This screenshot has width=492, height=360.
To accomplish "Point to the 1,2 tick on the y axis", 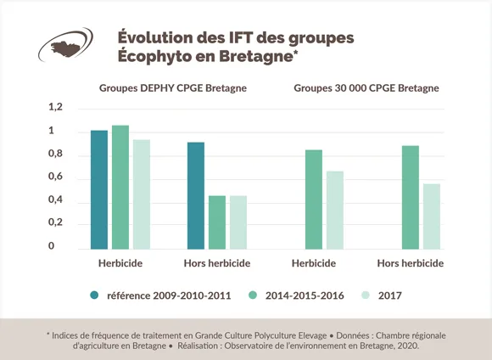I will (x=56, y=108).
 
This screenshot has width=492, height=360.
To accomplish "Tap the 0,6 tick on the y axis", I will (x=56, y=177).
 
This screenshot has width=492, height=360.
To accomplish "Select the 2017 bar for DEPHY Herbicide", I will (x=141, y=194).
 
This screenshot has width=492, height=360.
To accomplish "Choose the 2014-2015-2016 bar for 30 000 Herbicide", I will (x=314, y=200).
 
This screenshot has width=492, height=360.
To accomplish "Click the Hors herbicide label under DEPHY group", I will (x=217, y=263).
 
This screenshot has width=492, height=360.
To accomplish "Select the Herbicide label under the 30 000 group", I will (x=312, y=263).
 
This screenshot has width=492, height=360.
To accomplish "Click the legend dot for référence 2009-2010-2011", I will (x=96, y=295).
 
